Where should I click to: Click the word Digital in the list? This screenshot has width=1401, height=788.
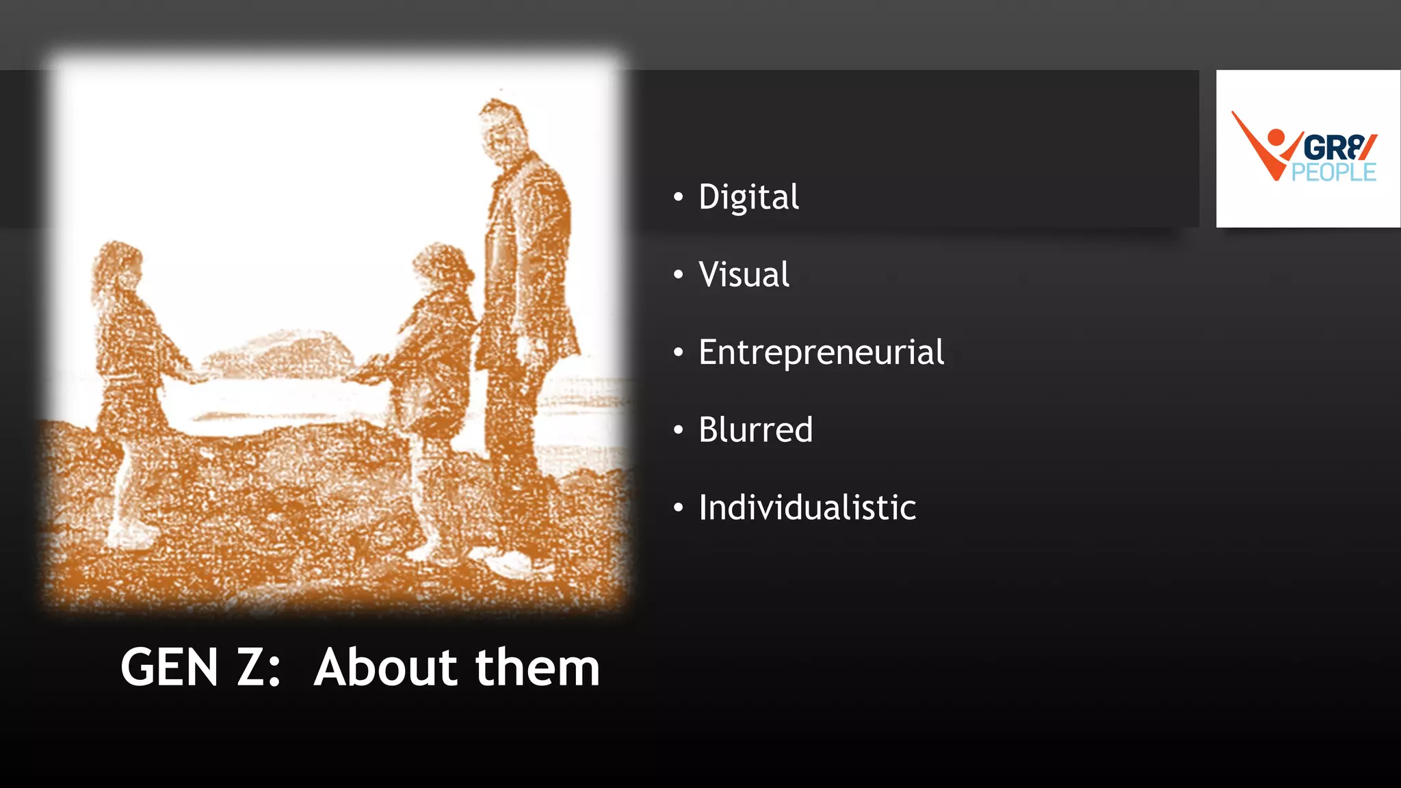(x=748, y=198)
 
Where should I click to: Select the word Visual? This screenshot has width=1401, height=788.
(x=744, y=275)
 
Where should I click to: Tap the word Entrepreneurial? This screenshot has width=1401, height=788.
(x=821, y=353)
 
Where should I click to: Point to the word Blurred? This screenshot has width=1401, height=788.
(x=755, y=430)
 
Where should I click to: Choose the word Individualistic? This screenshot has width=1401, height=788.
(x=807, y=508)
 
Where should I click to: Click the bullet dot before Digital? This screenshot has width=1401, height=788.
(x=678, y=198)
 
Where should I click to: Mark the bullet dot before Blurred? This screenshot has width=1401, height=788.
(x=678, y=430)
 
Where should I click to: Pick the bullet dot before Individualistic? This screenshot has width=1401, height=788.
(x=678, y=508)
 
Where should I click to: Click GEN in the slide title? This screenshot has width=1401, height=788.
(x=170, y=668)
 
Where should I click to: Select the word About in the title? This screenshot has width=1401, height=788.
(x=385, y=668)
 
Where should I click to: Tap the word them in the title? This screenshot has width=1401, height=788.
(x=538, y=668)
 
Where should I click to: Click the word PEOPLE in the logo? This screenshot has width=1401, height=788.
(x=1333, y=172)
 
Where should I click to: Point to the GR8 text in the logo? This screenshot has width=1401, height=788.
(x=1337, y=147)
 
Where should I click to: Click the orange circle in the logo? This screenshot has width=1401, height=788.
(x=1276, y=137)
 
